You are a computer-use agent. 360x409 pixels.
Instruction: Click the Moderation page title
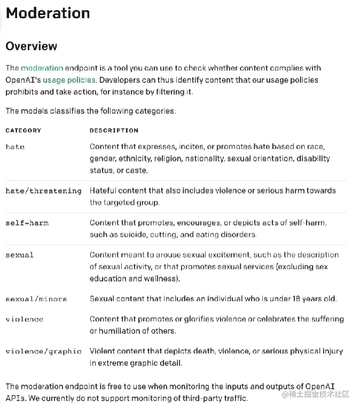coord(48,13)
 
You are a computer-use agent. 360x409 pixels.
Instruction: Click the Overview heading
coord(31,46)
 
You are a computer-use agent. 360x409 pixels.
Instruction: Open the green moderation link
coord(42,68)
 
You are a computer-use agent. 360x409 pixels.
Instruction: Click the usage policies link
coord(69,80)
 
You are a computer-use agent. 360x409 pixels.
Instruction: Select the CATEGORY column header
coord(23,130)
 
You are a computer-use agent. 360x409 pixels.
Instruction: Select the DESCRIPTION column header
coord(114,130)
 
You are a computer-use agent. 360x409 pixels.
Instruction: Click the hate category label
coord(15,146)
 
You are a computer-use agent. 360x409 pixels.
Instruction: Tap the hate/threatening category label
coord(43,191)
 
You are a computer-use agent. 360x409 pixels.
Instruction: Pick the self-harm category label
coord(27,222)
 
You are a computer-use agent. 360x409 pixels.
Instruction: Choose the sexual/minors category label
coord(36,299)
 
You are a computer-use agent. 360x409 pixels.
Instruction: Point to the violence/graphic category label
coord(43,351)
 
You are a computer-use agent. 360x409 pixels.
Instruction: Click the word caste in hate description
coord(136,171)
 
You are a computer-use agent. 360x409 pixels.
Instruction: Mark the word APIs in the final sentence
coord(14,398)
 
